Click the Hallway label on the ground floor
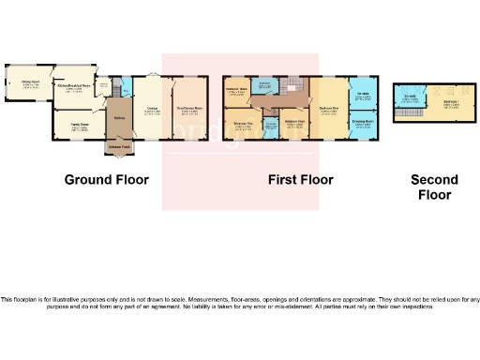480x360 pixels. point(120,117)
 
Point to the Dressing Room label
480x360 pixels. point(364,122)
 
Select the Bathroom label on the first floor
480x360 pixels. point(265,85)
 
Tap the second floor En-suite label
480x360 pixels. point(411,97)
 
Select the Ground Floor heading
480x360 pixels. point(102,179)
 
